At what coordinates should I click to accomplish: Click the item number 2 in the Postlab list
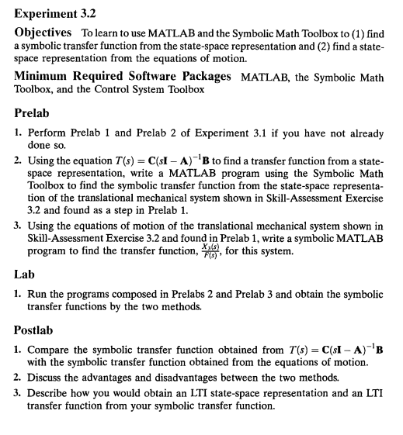coord(17,378)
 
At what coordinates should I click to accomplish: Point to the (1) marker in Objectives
coord(356,33)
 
